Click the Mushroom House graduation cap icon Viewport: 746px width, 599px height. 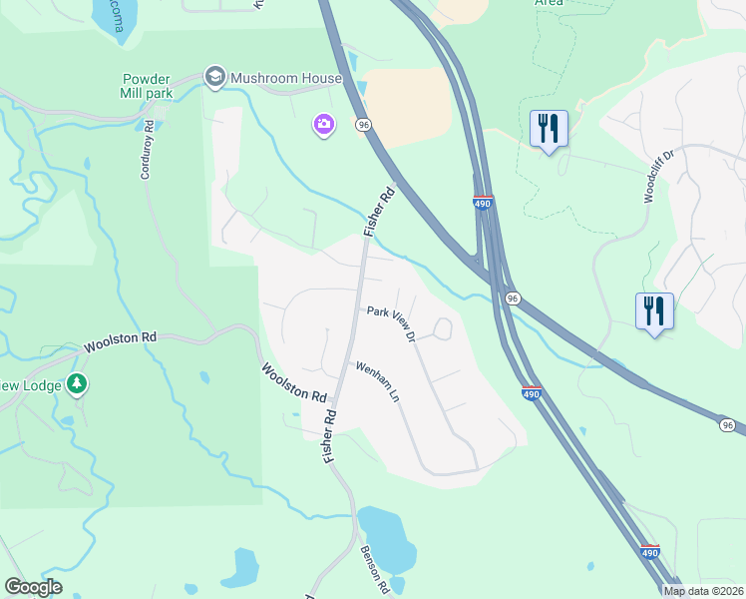[x=214, y=77]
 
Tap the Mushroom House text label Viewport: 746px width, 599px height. [x=286, y=78]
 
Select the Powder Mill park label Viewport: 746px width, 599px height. [x=148, y=86]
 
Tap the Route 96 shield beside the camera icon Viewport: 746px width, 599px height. [x=364, y=124]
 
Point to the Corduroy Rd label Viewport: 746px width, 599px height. [x=148, y=150]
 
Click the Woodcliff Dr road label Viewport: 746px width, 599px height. [x=659, y=177]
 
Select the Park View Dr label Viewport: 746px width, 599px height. [x=391, y=323]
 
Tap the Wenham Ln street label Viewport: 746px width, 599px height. [x=378, y=382]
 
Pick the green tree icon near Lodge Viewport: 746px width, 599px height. [x=77, y=383]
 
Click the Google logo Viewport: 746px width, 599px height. [x=33, y=587]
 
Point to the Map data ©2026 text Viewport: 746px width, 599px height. [x=703, y=590]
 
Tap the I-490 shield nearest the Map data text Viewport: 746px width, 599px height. [x=650, y=552]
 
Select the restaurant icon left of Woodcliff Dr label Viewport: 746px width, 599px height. [x=549, y=129]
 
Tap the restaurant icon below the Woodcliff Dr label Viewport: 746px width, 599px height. [x=654, y=310]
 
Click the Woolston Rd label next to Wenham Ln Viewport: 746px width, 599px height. [x=296, y=382]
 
